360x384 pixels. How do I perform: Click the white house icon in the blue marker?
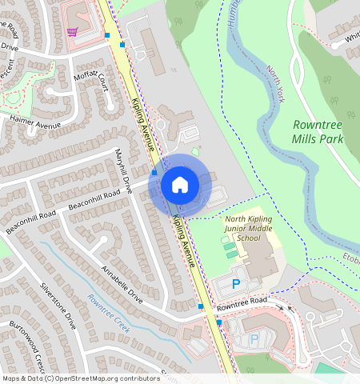(180, 185)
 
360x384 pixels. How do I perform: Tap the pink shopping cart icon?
(73, 32)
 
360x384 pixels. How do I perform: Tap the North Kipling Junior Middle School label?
(254, 228)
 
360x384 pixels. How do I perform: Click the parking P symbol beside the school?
(235, 283)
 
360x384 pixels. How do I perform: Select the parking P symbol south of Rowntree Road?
(254, 339)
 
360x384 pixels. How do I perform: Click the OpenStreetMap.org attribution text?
(103, 378)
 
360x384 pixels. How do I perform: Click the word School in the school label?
(254, 238)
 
